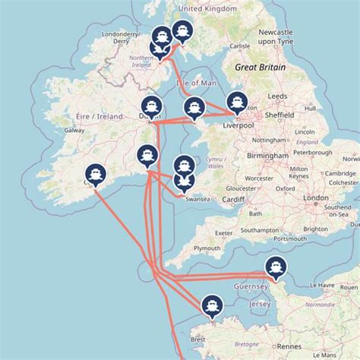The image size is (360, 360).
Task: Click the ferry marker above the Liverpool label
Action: (x=238, y=103)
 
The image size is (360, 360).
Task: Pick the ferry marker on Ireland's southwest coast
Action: (x=94, y=173)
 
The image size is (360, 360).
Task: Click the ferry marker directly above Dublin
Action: (x=150, y=106)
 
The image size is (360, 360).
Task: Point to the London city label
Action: (x=316, y=197)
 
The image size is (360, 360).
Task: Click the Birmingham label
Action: (x=267, y=155)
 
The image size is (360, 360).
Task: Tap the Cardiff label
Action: (x=234, y=202)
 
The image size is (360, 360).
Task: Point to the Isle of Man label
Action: (x=194, y=82)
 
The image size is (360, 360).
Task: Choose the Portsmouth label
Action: (x=289, y=238)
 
